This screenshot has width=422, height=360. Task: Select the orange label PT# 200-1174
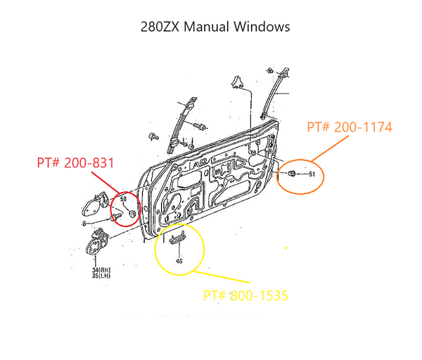click(x=350, y=127)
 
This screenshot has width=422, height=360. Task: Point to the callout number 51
click(x=312, y=174)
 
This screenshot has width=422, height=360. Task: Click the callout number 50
click(x=123, y=199)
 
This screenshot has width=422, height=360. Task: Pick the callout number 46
click(x=179, y=260)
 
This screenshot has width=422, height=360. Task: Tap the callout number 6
click(x=84, y=224)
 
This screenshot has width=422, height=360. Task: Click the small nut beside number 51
click(x=291, y=173)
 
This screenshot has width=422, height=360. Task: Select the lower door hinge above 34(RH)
click(x=94, y=247)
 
